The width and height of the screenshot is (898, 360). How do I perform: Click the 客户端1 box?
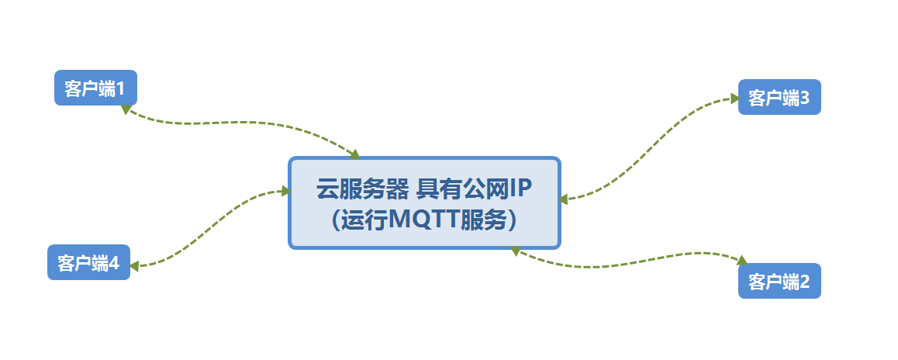pos(95,88)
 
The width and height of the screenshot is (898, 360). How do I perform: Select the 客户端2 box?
pos(779,281)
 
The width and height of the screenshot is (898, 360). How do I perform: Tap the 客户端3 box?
pos(779,97)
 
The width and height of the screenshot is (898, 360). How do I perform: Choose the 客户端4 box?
pos(88,262)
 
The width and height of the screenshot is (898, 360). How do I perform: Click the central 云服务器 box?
pos(424,203)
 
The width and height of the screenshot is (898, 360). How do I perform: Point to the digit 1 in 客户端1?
pos(120,88)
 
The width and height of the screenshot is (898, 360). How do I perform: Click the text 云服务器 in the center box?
pos(362,188)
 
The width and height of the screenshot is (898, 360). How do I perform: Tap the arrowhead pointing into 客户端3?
pos(734,99)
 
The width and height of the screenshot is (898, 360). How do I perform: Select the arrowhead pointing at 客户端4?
pos(134,265)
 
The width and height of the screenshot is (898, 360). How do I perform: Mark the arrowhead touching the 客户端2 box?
pos(741,261)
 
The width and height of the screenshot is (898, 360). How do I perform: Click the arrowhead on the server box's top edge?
pos(355,154)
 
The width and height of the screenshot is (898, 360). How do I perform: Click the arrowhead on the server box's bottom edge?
pos(515,251)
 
